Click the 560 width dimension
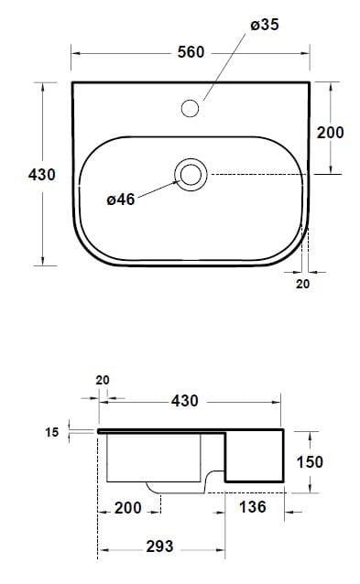click(x=191, y=53)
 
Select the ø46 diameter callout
click(x=121, y=200)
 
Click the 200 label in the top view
click(x=330, y=133)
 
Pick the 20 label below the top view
click(x=303, y=284)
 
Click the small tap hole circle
click(x=191, y=109)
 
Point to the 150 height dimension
click(x=310, y=462)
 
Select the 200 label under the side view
click(x=127, y=507)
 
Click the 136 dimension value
click(x=254, y=507)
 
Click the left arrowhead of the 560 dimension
click(x=76, y=53)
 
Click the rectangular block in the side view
click(x=255, y=455)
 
